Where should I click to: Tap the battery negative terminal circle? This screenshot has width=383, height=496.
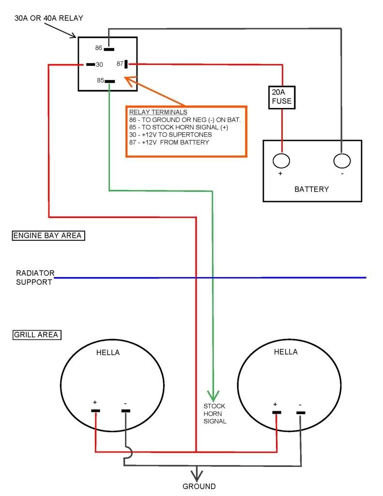(342, 161)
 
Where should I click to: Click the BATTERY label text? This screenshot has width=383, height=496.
(311, 189)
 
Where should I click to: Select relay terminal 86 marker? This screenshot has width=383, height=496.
(109, 48)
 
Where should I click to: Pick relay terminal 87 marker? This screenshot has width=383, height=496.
(126, 63)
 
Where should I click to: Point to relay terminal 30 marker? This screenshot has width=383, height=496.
(90, 64)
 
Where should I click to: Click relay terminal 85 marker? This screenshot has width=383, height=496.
(110, 81)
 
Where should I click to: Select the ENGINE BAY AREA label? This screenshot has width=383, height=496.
(47, 236)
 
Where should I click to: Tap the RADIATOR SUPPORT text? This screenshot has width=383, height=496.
(34, 278)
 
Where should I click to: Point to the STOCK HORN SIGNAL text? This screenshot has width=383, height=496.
(214, 413)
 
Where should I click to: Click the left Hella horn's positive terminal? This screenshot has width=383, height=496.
(95, 411)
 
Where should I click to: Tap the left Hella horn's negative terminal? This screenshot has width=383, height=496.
(125, 411)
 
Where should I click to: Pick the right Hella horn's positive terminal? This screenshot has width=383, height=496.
(276, 412)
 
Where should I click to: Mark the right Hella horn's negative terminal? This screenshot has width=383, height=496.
(301, 413)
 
